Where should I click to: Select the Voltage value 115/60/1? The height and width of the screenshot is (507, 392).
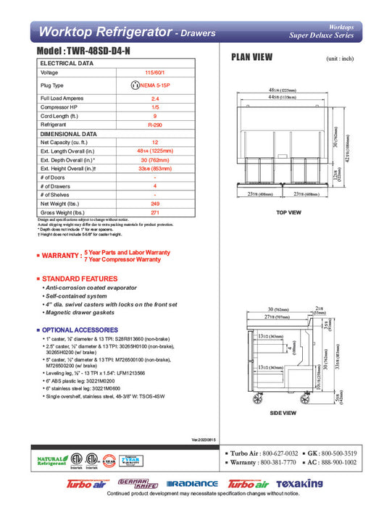coord(155,72)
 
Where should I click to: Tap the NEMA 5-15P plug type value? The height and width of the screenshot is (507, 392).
coord(154,85)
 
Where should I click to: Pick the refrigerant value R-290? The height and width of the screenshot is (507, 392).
coord(155,125)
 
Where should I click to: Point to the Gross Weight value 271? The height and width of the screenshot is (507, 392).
coord(155,214)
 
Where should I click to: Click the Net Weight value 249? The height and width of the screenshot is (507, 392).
coord(155,204)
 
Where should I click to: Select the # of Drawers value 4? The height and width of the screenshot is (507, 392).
coord(155,187)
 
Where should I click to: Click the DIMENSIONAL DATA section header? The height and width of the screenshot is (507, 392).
coord(69,134)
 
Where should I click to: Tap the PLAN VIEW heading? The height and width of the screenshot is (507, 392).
coord(251,57)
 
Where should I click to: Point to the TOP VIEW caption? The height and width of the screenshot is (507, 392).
coord(288,213)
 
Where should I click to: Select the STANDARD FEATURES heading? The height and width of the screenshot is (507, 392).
coord(80,279)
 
